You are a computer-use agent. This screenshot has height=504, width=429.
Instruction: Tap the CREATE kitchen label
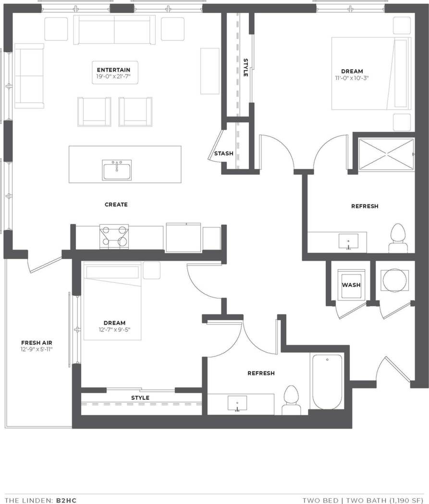tap(116, 204)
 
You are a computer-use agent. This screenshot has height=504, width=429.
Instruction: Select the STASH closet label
tap(223, 154)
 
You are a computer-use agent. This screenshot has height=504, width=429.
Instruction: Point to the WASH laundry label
tap(351, 285)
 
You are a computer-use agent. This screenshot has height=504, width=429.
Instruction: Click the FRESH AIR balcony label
tap(37, 343)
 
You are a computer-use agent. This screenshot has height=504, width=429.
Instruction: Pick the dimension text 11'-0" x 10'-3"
tap(352, 78)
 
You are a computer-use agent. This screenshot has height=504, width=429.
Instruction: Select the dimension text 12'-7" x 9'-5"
tap(114, 330)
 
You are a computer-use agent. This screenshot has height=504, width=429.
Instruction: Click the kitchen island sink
tap(117, 170)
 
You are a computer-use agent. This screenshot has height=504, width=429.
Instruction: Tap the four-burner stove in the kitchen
tap(114, 237)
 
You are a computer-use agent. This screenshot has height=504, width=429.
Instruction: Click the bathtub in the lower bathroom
tap(327, 381)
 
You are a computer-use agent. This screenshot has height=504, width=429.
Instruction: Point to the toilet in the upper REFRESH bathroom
tap(397, 238)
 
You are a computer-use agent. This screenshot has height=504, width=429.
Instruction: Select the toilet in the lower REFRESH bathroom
tap(291, 399)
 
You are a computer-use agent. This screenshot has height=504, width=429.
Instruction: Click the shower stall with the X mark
tap(386, 154)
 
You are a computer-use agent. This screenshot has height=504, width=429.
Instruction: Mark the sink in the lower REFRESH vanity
tap(237, 403)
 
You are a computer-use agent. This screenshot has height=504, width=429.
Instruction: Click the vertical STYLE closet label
tap(245, 68)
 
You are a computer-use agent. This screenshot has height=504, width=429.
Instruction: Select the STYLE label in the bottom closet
tap(140, 397)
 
